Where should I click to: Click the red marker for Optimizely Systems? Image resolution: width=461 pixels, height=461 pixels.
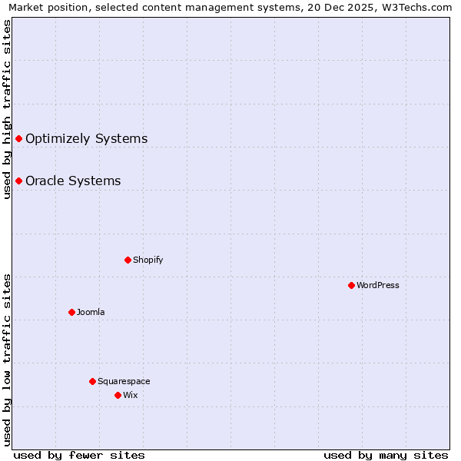tap(18, 138)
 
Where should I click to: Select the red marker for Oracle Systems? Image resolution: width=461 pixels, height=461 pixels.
tap(18, 181)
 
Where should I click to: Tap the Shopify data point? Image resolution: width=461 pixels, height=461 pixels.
tap(128, 260)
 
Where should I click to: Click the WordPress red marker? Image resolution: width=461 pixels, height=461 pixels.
tap(351, 285)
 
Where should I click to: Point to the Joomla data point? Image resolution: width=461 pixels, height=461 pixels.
tap(71, 312)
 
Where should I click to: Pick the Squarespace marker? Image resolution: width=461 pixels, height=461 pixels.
tap(92, 381)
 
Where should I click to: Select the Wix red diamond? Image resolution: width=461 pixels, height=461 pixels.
tap(118, 395)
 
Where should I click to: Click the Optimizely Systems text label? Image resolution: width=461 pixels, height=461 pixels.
tap(86, 138)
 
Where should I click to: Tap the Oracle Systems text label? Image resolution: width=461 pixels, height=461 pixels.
tap(73, 181)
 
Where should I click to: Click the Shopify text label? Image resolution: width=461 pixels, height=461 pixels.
tap(148, 260)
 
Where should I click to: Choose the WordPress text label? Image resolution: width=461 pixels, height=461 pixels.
tap(377, 285)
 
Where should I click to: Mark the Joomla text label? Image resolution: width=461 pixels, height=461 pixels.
tap(91, 312)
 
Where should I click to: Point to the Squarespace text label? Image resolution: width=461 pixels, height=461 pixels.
tap(124, 381)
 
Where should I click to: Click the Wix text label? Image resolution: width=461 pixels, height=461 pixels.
tap(130, 395)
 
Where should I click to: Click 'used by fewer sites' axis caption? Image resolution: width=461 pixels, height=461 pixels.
tap(79, 455)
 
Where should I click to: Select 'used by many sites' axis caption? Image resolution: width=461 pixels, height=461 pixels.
tap(386, 455)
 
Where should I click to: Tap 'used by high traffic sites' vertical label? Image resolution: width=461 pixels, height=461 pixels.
tap(7, 109)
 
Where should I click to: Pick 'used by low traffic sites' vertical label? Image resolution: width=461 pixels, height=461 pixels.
tap(7, 359)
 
